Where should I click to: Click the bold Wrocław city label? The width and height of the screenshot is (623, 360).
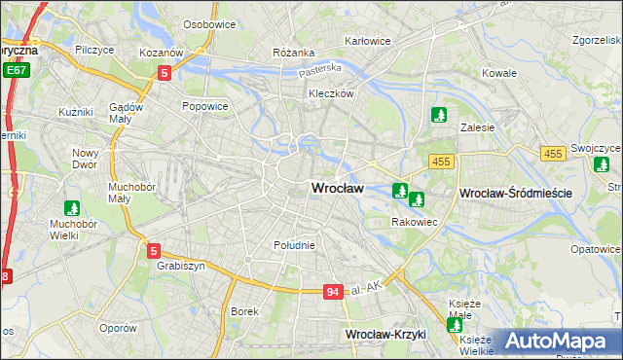(337, 189)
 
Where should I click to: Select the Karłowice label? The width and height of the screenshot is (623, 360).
(368, 41)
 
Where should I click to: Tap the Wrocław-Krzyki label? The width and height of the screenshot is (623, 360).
(386, 335)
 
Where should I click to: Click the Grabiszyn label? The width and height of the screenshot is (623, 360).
(178, 265)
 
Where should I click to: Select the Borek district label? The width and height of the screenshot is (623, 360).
(243, 311)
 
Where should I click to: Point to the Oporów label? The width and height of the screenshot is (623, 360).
(118, 328)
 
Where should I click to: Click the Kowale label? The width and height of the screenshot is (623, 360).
(499, 73)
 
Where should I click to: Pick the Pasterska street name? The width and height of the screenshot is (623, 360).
(320, 70)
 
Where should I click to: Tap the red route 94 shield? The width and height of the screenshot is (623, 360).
(333, 291)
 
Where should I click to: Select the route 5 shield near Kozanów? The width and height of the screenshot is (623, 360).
(165, 72)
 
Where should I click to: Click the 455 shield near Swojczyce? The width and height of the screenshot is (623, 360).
(554, 154)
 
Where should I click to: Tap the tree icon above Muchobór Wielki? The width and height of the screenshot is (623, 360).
(71, 208)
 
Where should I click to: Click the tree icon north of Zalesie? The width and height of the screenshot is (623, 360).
(440, 116)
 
